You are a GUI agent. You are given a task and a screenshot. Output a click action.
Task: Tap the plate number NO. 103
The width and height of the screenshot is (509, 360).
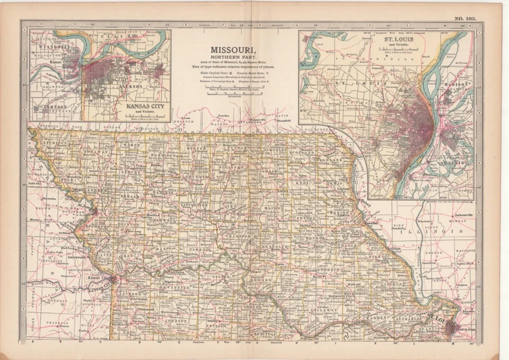pyautogui.click(x=465, y=19)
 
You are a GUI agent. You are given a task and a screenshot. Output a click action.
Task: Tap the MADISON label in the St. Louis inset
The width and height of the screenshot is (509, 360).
pyautogui.click(x=457, y=85)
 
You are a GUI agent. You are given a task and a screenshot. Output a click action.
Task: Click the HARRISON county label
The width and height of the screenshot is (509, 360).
pyautogui.click(x=154, y=155)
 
